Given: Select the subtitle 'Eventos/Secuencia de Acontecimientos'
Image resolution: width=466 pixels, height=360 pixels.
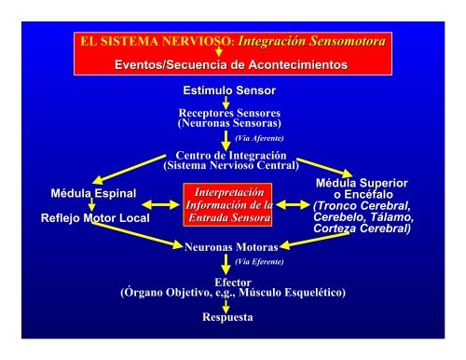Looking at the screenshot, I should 229,65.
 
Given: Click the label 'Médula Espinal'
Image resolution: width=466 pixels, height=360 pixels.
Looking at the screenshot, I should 93,193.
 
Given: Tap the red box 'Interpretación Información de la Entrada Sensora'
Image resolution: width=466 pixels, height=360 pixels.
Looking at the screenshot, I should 228,206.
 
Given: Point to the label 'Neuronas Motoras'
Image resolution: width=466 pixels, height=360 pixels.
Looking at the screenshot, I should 227,248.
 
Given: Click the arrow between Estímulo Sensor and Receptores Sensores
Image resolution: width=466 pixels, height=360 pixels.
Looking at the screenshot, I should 226,101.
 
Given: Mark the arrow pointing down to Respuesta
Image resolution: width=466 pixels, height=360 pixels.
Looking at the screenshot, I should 226,304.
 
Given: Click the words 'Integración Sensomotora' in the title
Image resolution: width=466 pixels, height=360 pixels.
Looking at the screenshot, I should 312,41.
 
